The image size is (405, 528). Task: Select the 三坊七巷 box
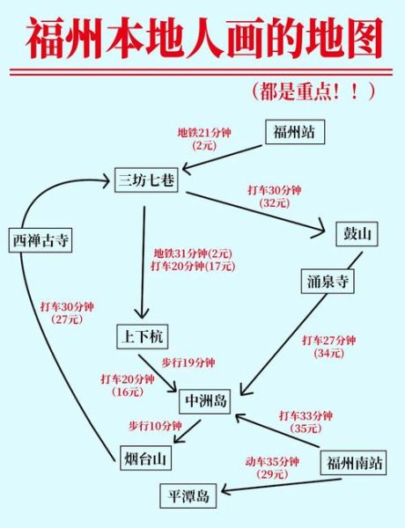pos(146,180)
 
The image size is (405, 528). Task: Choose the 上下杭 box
pos(141,336)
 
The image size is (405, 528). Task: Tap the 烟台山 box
pos(145,458)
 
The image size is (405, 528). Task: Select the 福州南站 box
pos(354,461)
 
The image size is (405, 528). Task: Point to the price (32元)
pos(275,202)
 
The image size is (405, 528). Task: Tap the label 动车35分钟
pos(272,461)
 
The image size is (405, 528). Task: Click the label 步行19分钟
pos(188,362)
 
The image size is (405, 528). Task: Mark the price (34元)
pos(328,353)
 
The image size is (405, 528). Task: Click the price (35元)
pos(306,429)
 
